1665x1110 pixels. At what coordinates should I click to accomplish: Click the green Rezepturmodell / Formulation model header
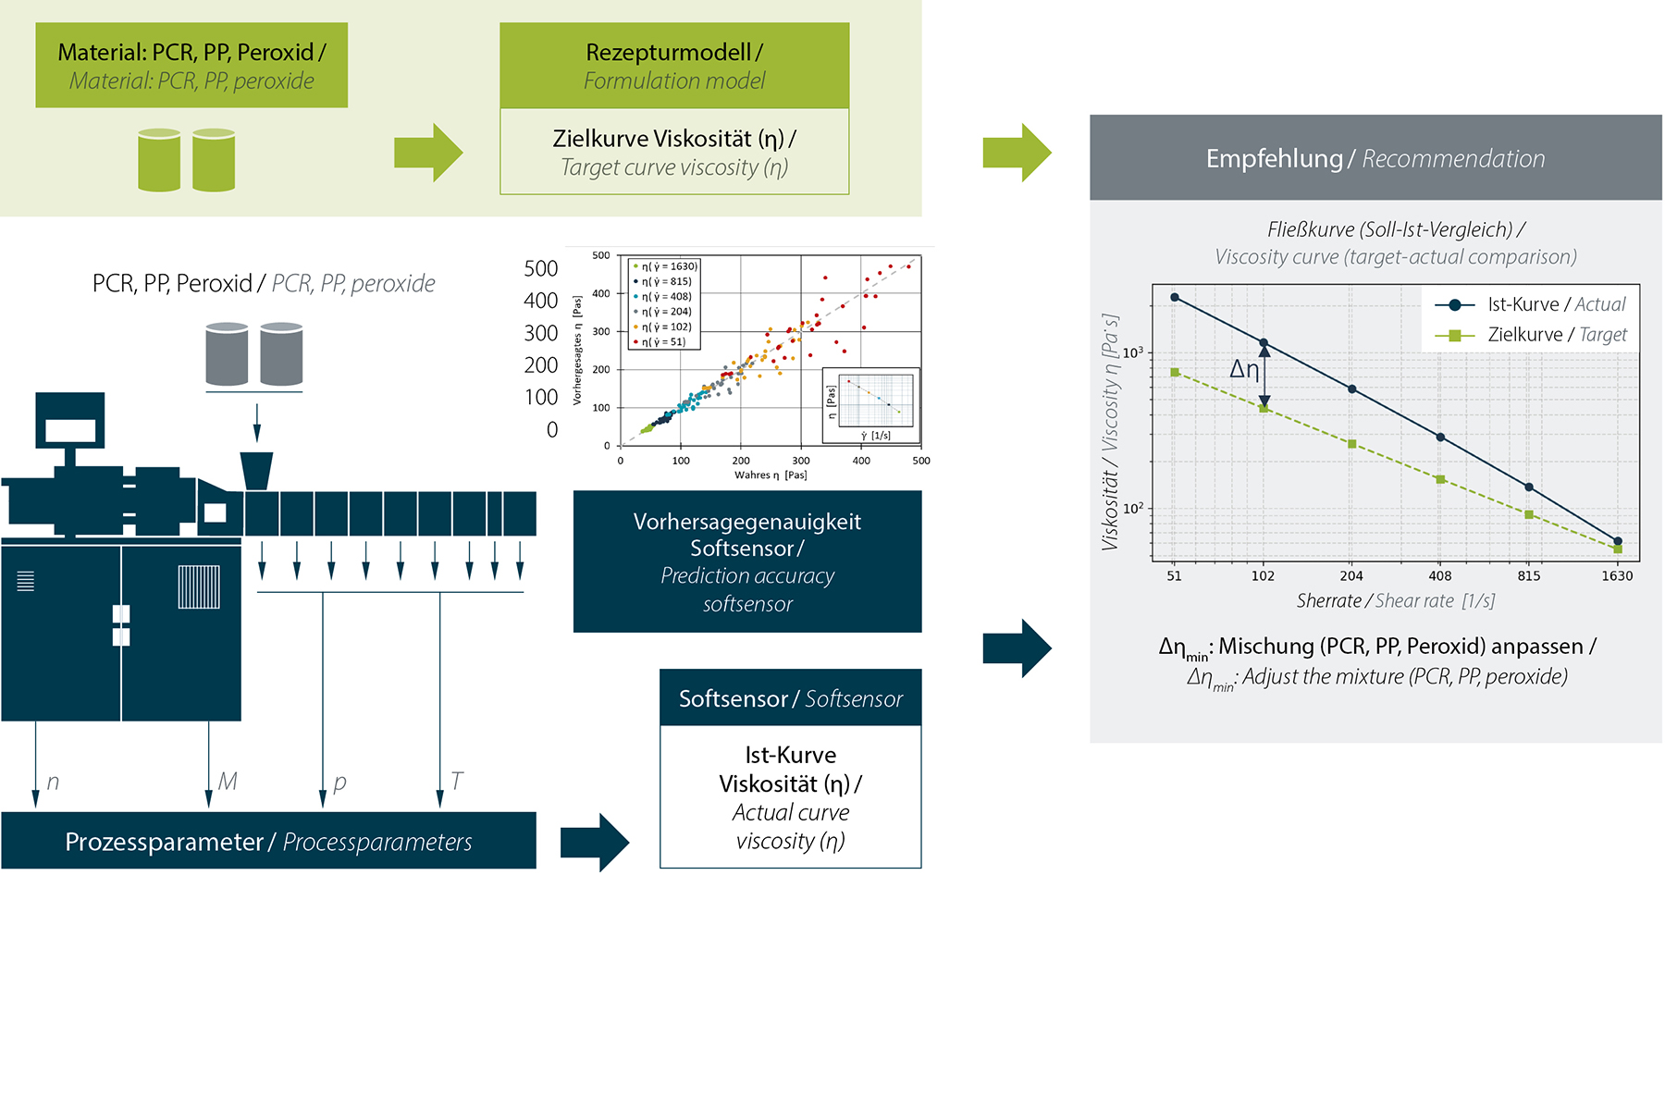click(674, 66)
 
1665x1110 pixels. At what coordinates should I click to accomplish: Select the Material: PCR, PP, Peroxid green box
click(191, 66)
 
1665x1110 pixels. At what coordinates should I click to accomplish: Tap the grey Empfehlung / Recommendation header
click(1375, 158)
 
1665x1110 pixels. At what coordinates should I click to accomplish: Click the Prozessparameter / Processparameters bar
click(268, 841)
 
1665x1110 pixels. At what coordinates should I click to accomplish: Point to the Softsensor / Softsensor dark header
click(791, 698)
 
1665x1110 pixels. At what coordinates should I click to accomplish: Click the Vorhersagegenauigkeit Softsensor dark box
click(747, 561)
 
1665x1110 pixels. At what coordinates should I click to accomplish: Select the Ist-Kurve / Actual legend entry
click(1531, 304)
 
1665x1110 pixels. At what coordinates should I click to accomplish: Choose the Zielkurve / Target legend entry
click(1531, 335)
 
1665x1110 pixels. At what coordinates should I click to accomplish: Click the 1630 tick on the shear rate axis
click(1617, 575)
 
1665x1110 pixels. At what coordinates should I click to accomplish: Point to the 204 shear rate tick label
click(1351, 575)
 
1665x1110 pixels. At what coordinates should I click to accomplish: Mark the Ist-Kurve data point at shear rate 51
click(1175, 297)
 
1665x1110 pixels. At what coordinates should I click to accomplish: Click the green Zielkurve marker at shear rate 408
click(1440, 479)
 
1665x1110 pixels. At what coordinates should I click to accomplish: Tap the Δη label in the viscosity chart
click(1244, 369)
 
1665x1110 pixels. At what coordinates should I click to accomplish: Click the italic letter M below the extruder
click(228, 782)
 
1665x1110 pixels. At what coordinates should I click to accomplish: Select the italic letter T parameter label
click(456, 781)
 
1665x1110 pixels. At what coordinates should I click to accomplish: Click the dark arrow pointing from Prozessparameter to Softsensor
click(595, 843)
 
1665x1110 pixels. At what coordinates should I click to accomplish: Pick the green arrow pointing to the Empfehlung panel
click(1017, 153)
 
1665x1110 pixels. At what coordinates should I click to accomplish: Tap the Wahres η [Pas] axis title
click(771, 475)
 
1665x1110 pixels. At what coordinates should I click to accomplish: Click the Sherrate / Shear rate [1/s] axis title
click(1395, 601)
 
